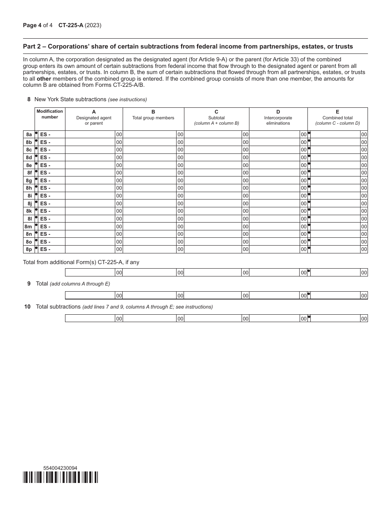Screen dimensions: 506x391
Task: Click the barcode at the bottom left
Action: (61, 477)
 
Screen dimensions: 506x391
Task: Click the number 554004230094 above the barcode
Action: (60, 468)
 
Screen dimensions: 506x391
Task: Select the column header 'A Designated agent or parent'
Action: (94, 118)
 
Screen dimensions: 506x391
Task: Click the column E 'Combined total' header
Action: (337, 118)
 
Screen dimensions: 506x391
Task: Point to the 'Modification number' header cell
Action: (50, 114)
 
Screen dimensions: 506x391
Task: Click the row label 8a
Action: (29, 135)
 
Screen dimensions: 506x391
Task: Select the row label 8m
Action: (28, 227)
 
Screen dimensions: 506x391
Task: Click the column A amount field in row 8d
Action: (90, 158)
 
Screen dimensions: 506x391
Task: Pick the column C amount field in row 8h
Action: (212, 188)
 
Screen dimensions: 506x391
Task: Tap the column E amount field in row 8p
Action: (335, 249)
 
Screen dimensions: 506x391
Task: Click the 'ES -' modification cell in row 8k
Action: (51, 211)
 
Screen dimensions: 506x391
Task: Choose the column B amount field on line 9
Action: (149, 295)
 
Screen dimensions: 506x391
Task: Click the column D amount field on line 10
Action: (274, 318)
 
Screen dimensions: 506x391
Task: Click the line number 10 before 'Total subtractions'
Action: (28, 307)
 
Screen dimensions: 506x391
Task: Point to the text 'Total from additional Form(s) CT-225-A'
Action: (81, 262)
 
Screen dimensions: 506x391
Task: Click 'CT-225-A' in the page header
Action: (71, 25)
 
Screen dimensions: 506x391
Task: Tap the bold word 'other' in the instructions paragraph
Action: (44, 78)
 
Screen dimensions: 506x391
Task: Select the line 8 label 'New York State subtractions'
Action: (70, 99)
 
